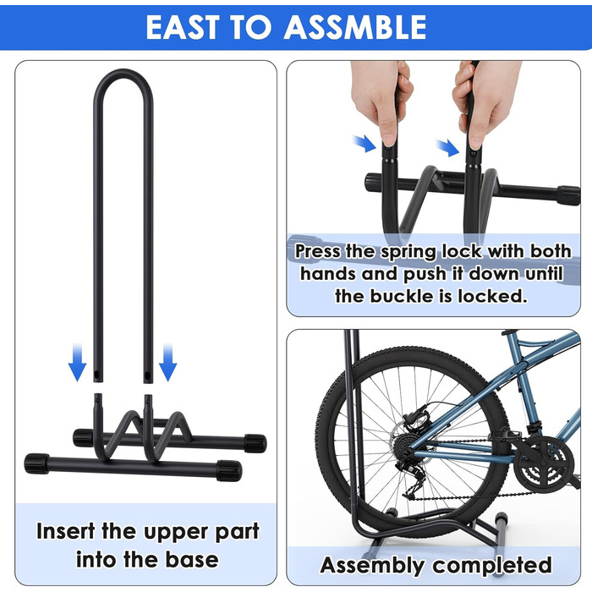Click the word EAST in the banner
click(183, 27)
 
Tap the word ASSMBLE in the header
click(355, 27)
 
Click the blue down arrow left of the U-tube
click(77, 362)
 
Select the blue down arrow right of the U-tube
click(167, 362)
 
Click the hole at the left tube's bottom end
click(97, 375)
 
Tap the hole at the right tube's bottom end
click(147, 375)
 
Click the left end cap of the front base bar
click(36, 463)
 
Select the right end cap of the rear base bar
click(255, 443)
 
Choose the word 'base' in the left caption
click(192, 559)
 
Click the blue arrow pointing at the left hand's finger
click(364, 144)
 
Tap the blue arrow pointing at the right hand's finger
click(447, 148)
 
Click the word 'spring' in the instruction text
click(408, 252)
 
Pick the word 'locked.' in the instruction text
click(492, 296)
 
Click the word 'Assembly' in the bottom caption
click(372, 566)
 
